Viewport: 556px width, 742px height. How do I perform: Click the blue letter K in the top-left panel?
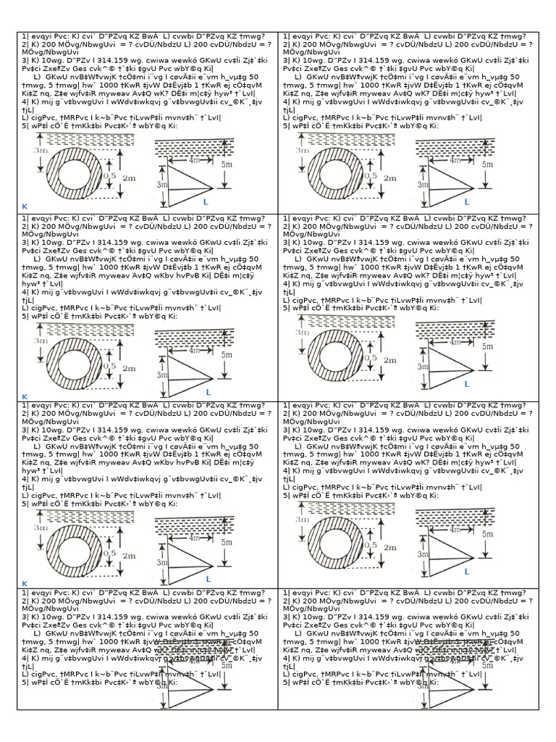[x=24, y=207]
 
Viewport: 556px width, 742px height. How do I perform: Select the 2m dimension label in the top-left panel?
[x=130, y=178]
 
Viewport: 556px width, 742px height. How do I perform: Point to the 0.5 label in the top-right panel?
[x=371, y=175]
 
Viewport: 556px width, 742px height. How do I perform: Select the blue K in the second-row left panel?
[x=24, y=397]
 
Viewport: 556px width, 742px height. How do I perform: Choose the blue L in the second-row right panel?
[x=467, y=384]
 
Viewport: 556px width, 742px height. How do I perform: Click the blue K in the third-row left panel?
[x=24, y=583]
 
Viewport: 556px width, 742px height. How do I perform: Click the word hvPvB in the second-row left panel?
[x=212, y=276]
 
